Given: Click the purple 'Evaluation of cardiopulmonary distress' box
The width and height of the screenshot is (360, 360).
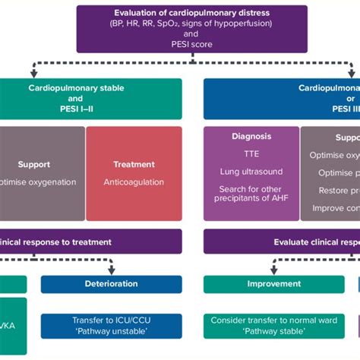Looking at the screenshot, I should pyautogui.click(x=191, y=29).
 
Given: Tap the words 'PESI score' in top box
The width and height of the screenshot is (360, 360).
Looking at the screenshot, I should pyautogui.click(x=191, y=45).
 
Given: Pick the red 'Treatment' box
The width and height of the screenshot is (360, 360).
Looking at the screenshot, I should pyautogui.click(x=134, y=173).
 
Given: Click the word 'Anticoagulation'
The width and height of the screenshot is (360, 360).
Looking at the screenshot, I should pyautogui.click(x=134, y=182).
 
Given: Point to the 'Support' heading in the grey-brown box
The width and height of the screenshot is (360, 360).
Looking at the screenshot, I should pyautogui.click(x=34, y=164).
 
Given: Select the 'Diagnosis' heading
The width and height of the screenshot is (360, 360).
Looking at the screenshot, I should pyautogui.click(x=251, y=137).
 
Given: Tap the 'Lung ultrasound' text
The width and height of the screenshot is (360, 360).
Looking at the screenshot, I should pyautogui.click(x=251, y=172).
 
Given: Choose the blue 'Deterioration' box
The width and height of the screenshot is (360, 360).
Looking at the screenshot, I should pyautogui.click(x=111, y=284).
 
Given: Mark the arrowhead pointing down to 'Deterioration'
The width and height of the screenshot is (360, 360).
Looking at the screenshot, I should pyautogui.click(x=111, y=271).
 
